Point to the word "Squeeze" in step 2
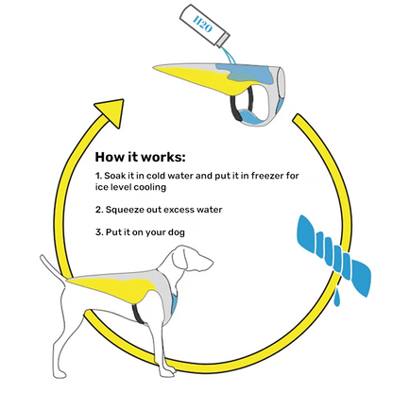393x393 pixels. click(x=128, y=209)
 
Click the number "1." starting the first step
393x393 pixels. click(x=98, y=176)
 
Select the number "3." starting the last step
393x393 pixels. click(x=98, y=232)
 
